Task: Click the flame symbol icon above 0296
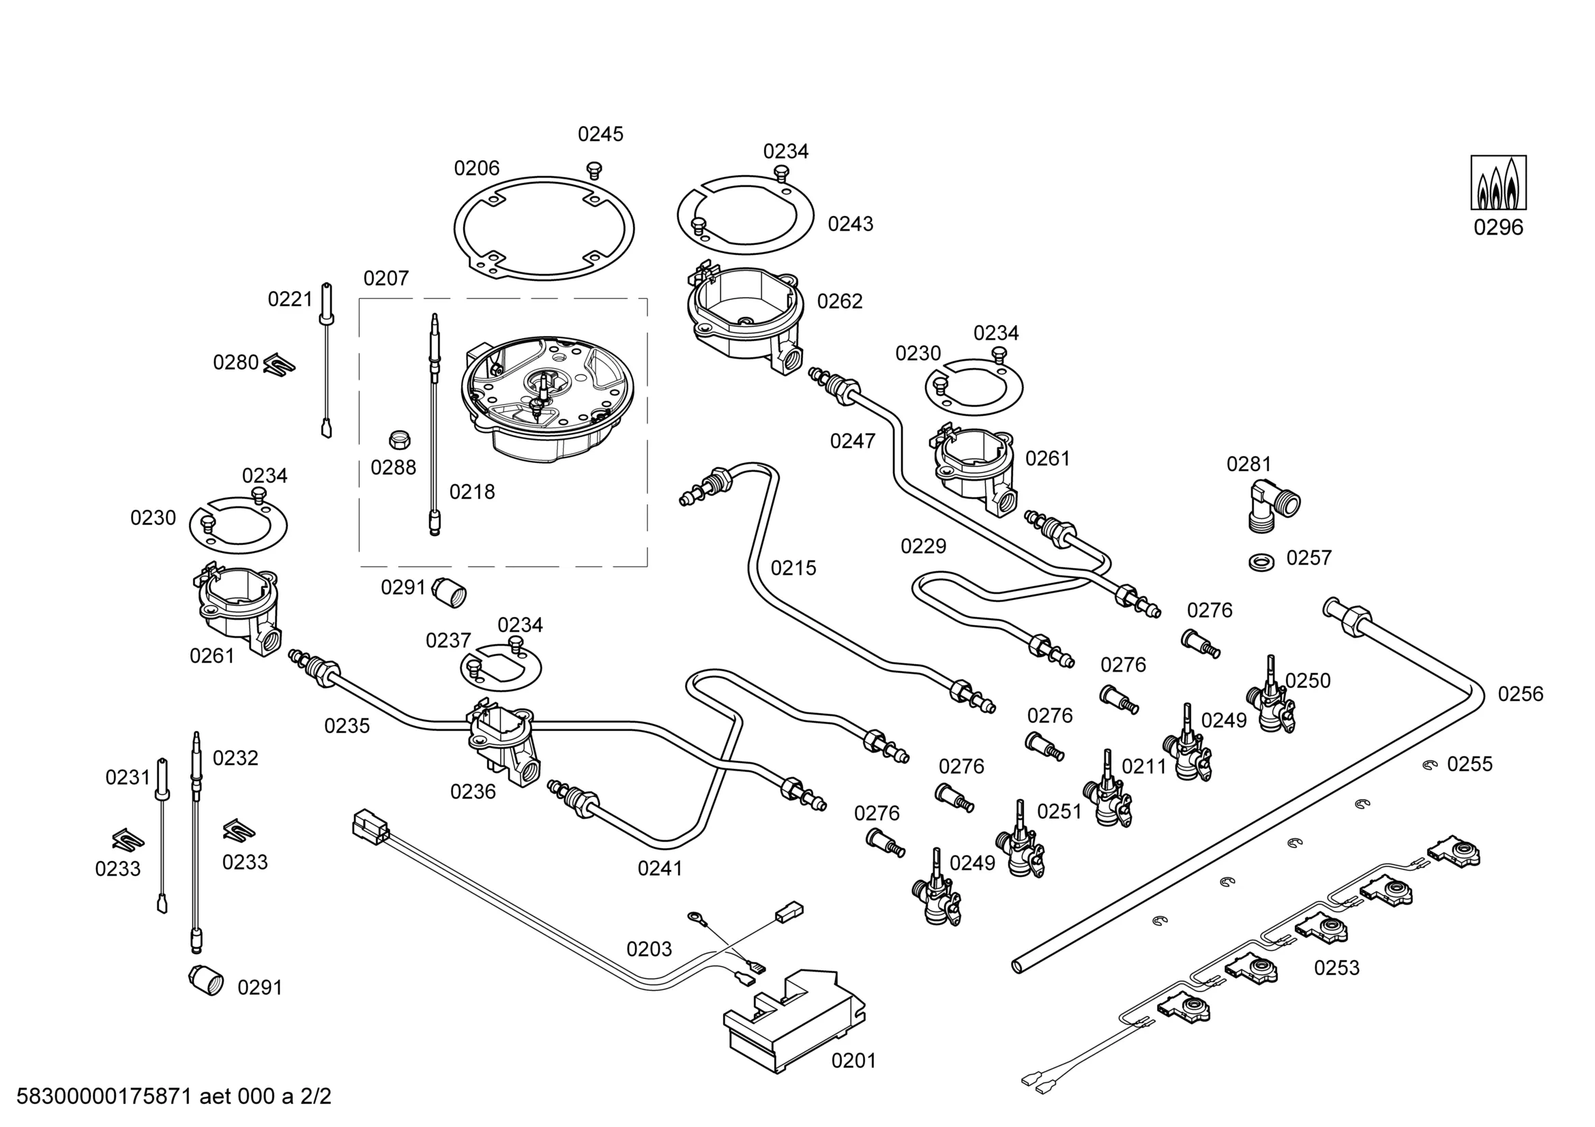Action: coord(1497,183)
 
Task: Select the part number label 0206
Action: coord(477,168)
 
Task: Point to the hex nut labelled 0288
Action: coord(398,440)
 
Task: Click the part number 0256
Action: coord(1520,693)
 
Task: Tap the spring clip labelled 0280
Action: coord(280,363)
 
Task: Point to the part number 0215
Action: coord(793,568)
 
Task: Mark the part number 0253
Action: coord(1336,967)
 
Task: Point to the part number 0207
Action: coord(385,278)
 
